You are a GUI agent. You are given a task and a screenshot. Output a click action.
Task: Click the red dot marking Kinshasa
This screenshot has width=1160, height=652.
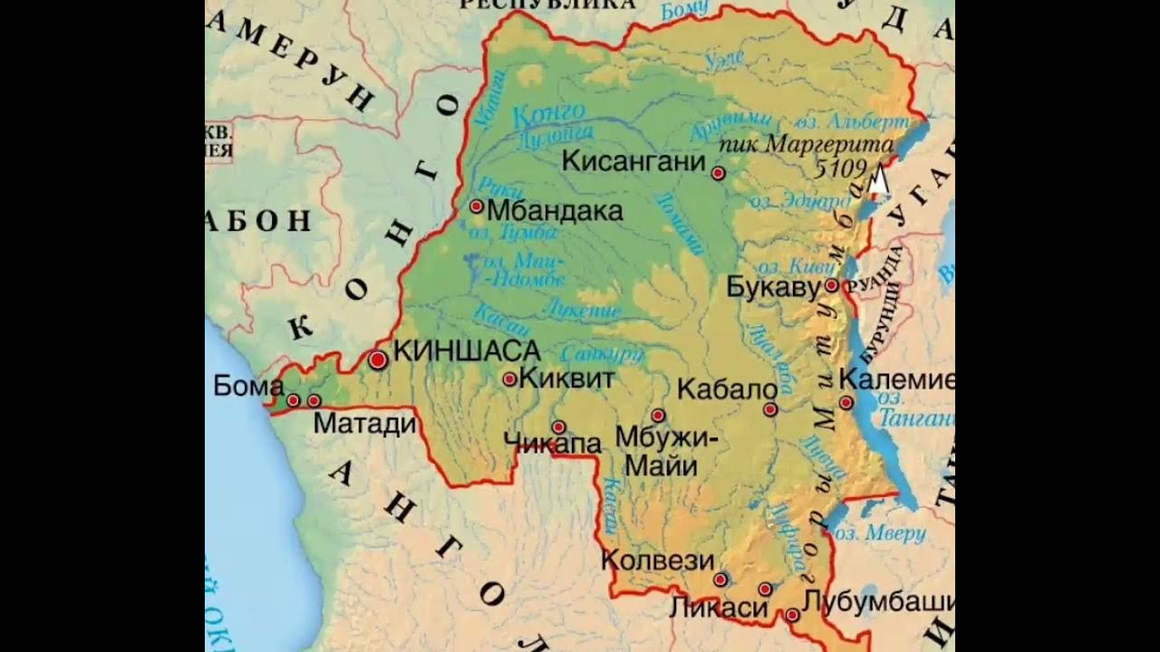tap(378, 360)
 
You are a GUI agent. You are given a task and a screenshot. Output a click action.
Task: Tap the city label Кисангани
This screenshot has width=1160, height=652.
tap(633, 162)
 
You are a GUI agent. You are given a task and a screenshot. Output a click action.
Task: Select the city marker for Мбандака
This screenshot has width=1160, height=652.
tap(477, 206)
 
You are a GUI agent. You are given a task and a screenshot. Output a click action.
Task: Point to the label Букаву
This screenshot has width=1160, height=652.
tap(773, 287)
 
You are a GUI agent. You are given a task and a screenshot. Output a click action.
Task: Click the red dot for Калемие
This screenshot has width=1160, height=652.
tap(846, 402)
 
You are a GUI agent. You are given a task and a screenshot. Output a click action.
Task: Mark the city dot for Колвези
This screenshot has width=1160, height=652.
tap(720, 580)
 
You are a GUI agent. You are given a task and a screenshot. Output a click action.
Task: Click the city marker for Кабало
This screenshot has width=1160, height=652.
tap(770, 409)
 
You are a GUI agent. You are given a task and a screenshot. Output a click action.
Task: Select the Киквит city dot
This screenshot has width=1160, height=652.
tap(509, 379)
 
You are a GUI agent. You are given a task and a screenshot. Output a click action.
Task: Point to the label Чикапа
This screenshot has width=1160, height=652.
tap(552, 444)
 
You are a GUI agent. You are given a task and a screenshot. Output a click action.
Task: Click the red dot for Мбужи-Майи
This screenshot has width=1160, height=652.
tap(658, 416)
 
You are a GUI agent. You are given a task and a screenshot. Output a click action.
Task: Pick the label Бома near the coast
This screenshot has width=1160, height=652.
tap(248, 387)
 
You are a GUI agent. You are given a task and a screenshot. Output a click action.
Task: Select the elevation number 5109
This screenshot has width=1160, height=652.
tap(842, 168)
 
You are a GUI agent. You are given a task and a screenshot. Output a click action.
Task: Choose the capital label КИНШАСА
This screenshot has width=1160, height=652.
tap(468, 350)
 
